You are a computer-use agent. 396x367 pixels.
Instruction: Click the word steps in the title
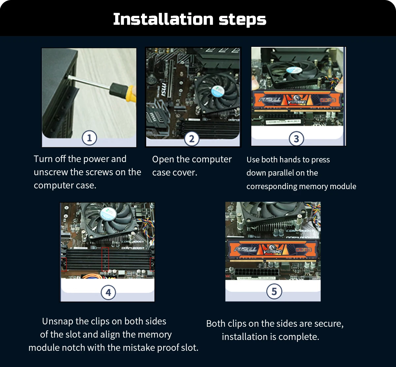click(x=243, y=20)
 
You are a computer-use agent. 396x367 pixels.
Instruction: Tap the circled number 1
click(x=89, y=138)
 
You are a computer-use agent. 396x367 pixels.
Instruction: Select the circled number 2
click(x=192, y=139)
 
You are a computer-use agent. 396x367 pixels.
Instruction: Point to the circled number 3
click(x=296, y=139)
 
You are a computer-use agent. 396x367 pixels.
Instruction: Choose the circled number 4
click(x=108, y=292)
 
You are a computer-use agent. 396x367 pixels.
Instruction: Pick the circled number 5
click(x=274, y=291)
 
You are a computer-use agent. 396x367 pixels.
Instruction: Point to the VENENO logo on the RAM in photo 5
click(x=273, y=250)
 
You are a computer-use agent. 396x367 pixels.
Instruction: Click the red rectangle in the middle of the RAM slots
click(x=105, y=259)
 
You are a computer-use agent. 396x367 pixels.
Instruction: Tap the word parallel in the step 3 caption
click(x=280, y=173)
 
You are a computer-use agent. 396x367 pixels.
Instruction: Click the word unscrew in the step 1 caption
click(x=50, y=172)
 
